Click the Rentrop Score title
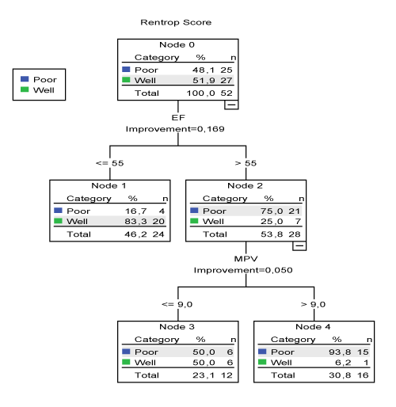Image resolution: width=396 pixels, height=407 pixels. coord(176,22)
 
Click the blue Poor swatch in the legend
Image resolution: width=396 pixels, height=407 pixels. coord(25,79)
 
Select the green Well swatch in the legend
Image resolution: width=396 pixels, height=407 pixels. coord(25,89)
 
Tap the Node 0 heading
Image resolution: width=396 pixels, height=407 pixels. coord(177,44)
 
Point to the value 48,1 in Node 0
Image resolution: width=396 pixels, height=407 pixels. coord(204,70)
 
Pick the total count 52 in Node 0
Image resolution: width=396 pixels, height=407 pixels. coord(227,93)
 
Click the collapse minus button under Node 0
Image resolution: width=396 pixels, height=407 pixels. coord(231,105)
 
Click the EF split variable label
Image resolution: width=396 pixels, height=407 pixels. coord(178,117)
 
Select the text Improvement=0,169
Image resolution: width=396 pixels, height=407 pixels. coord(175,129)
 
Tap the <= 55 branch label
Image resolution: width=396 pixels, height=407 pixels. coord(110,163)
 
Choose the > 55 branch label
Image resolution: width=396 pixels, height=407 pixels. coord(246,163)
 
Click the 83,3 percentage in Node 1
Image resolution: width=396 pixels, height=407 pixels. coord(135,221)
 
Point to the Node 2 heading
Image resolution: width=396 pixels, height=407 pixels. coord(245,185)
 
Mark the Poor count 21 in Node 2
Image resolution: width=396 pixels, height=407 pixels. coord(294,211)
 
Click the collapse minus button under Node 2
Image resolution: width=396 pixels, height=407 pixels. coord(299,245)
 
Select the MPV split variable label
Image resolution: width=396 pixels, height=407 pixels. coord(246,259)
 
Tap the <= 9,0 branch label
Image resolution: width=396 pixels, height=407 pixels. coord(177,304)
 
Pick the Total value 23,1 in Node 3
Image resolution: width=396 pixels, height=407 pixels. coord(204,375)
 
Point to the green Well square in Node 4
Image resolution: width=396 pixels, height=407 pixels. coord(262,362)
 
